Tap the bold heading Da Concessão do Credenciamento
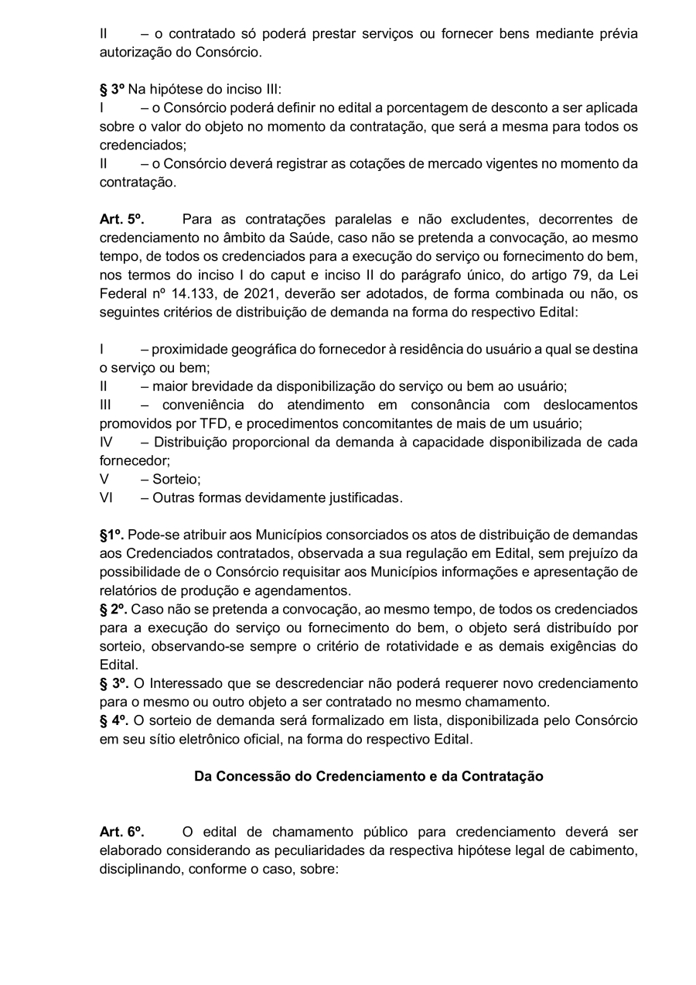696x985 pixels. pyautogui.click(x=368, y=777)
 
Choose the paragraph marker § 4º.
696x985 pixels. pyautogui.click(x=114, y=721)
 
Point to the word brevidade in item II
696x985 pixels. pyautogui.click(x=217, y=387)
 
